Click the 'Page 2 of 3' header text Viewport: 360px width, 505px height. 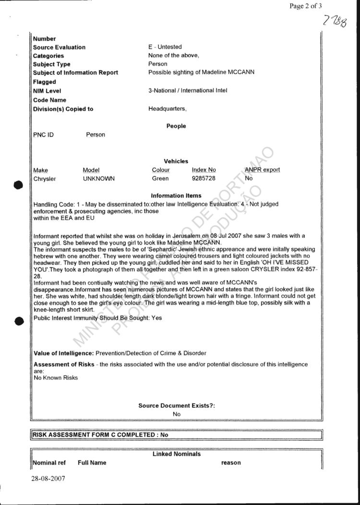point(306,6)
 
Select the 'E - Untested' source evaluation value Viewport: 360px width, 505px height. point(165,47)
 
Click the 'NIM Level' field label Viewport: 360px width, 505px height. point(47,91)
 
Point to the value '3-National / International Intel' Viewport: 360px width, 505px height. point(188,91)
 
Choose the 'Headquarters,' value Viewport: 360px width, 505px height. point(168,109)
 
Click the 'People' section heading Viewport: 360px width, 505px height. point(176,126)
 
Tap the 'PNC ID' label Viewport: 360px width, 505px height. point(43,135)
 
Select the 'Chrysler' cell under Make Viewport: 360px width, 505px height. point(45,179)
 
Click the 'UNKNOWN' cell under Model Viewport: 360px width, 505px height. point(99,179)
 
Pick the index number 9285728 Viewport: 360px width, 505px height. point(204,179)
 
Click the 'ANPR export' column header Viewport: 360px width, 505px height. point(262,170)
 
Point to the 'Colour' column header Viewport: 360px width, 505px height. point(160,170)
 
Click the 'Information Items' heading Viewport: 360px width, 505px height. point(176,196)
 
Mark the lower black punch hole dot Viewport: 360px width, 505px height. point(19,321)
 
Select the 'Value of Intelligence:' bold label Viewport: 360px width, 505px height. point(64,353)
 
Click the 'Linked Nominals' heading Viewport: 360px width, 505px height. point(177,454)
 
